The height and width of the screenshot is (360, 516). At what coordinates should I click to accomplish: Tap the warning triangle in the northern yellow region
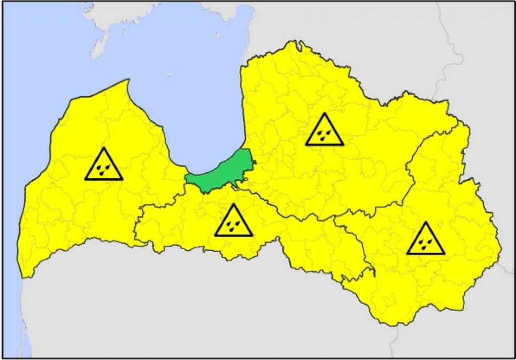point(324,130)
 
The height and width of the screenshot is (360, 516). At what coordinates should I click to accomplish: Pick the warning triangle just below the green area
point(233,222)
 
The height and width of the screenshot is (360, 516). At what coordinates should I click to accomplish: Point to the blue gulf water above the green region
point(202,101)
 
